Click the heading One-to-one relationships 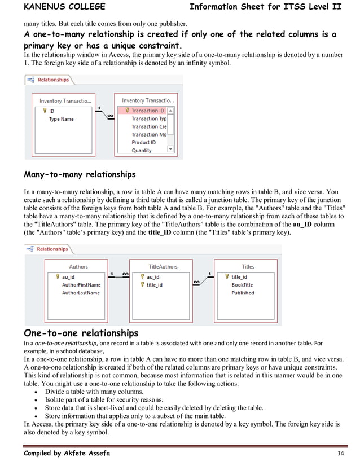(81, 332)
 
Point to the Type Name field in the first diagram (61, 119)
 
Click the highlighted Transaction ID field (148, 111)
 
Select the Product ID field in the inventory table (143, 142)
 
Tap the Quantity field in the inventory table (142, 150)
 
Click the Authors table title (78, 266)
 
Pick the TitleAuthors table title (163, 266)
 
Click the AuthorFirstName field (81, 285)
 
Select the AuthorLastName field (81, 293)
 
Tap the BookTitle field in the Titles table (242, 285)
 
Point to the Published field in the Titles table (243, 293)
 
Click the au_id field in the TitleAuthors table (153, 277)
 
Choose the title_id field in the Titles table (239, 277)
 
